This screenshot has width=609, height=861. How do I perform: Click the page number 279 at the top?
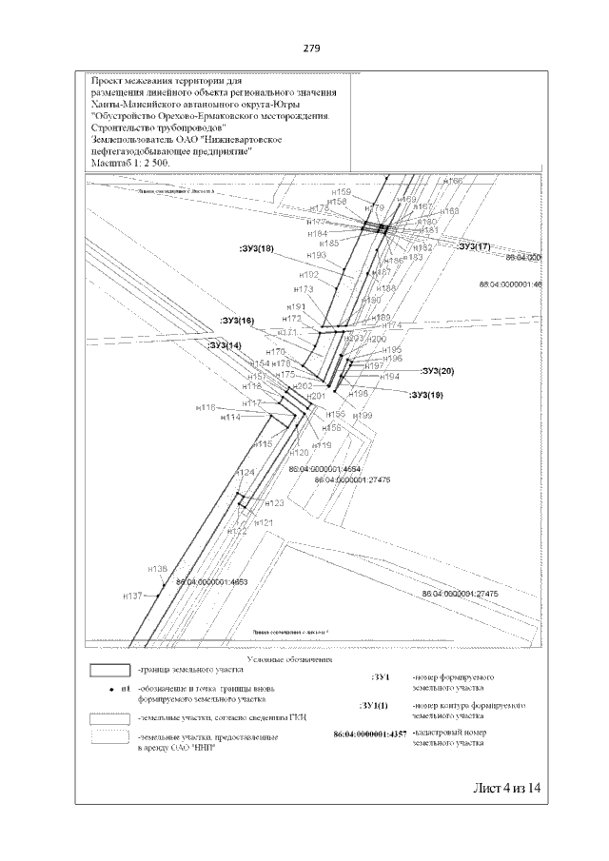(x=310, y=48)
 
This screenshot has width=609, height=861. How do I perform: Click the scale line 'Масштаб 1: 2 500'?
(x=133, y=164)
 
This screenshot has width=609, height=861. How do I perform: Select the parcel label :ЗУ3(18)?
(x=257, y=248)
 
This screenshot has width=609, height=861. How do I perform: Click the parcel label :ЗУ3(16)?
(x=238, y=321)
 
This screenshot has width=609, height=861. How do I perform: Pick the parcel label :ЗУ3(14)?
(x=225, y=344)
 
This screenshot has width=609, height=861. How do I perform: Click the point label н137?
(x=132, y=596)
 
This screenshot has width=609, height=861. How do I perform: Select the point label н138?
(x=158, y=569)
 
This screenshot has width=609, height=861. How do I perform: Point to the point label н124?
(x=246, y=472)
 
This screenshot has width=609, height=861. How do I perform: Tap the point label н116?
(x=206, y=407)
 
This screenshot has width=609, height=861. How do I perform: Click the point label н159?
(x=341, y=192)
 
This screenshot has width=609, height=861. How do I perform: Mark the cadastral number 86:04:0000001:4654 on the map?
(x=325, y=470)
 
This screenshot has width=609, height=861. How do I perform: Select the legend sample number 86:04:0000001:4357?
(x=370, y=735)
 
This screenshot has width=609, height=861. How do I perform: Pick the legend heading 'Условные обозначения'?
(x=290, y=659)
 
